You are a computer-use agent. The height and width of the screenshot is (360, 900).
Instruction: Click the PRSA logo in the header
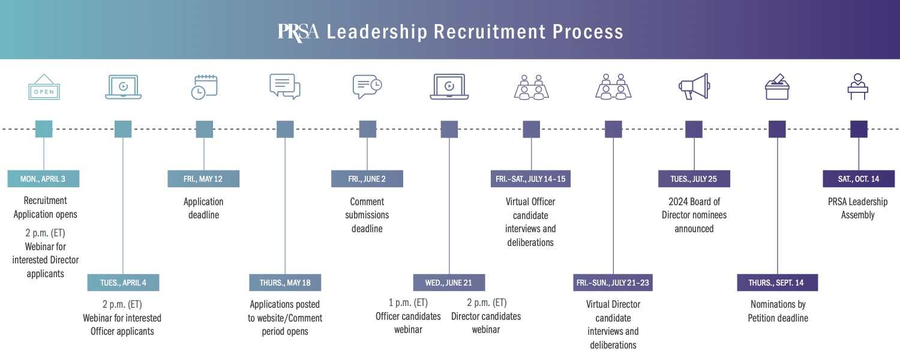click(298, 31)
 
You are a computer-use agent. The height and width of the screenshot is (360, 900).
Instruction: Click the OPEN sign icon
click(44, 88)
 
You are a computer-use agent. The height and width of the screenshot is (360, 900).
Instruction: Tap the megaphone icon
click(694, 87)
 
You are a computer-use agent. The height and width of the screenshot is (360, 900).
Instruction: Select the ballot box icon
click(777, 87)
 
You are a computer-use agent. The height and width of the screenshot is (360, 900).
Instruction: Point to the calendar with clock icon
click(204, 87)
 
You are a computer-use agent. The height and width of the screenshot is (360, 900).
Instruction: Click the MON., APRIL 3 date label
click(43, 179)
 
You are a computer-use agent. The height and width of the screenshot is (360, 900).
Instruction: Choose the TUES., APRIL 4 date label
click(123, 283)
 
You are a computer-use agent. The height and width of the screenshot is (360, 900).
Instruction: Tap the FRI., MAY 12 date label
click(203, 179)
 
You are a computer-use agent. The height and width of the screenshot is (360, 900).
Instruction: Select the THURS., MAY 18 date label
click(285, 283)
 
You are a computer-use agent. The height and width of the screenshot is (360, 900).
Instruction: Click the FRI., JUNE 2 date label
click(367, 179)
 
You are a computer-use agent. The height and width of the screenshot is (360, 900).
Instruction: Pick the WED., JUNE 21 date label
click(449, 283)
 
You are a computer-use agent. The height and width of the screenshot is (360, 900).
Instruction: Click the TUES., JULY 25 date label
click(694, 179)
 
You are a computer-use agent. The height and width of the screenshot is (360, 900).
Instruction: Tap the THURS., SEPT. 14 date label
click(778, 283)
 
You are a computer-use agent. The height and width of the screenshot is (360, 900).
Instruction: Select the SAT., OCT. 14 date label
click(859, 179)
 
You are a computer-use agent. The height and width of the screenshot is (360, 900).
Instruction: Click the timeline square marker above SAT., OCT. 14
click(859, 129)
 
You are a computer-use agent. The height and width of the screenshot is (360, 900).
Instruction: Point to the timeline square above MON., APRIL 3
click(44, 129)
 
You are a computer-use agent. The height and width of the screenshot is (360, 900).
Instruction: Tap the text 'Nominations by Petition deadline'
click(778, 311)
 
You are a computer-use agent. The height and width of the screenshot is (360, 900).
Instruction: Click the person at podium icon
click(859, 87)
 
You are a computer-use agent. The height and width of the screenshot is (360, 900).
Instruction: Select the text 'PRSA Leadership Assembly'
click(858, 208)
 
